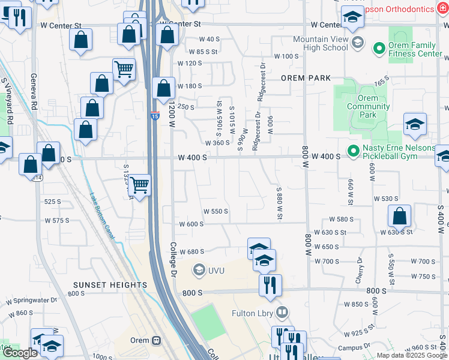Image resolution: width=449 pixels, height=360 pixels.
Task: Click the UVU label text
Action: [x=216, y=271]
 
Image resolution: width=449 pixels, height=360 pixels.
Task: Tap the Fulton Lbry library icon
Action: [x=282, y=313]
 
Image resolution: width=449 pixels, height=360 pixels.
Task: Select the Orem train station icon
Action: [x=157, y=340]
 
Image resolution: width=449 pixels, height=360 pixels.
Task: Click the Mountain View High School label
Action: [x=321, y=43]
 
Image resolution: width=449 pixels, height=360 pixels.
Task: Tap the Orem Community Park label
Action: [x=368, y=106]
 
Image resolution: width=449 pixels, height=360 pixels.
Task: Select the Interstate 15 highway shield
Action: [x=154, y=116]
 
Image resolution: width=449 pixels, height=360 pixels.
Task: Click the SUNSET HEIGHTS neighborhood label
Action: [x=110, y=285]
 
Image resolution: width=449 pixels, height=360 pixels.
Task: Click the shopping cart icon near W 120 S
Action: [x=124, y=68]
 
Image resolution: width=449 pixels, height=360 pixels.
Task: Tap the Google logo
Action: [x=20, y=353]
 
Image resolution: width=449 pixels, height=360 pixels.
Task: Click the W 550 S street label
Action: [x=215, y=211]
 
